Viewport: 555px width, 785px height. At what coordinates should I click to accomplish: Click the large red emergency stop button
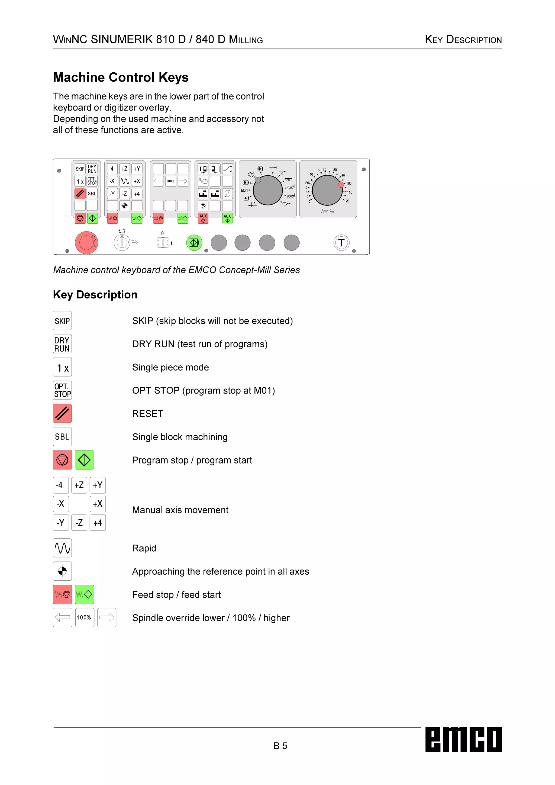(86, 243)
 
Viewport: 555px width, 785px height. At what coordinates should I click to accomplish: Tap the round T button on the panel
(341, 243)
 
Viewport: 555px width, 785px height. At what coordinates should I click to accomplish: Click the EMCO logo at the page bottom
(463, 739)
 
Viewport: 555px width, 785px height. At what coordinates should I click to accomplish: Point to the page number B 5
(280, 746)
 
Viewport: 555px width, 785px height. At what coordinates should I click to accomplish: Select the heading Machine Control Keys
(121, 77)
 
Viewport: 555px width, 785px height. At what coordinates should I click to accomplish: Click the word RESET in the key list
(148, 414)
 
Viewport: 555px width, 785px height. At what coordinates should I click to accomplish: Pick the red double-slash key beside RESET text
(62, 413)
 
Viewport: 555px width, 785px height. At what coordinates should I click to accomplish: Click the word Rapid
(144, 548)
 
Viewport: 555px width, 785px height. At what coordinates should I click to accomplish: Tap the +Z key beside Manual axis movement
(79, 485)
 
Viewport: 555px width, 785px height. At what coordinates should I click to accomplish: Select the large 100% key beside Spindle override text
(84, 617)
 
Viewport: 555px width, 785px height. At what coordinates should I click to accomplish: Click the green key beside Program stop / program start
(84, 460)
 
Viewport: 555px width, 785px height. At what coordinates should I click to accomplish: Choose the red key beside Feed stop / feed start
(62, 594)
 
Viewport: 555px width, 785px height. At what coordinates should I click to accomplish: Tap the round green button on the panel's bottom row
(194, 243)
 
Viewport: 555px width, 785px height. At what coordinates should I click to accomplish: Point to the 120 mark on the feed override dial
(347, 201)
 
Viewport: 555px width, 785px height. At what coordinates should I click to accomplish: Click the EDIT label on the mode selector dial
(245, 191)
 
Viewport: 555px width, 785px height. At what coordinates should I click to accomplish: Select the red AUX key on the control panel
(203, 218)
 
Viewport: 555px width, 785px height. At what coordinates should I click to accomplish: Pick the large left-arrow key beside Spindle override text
(62, 617)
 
